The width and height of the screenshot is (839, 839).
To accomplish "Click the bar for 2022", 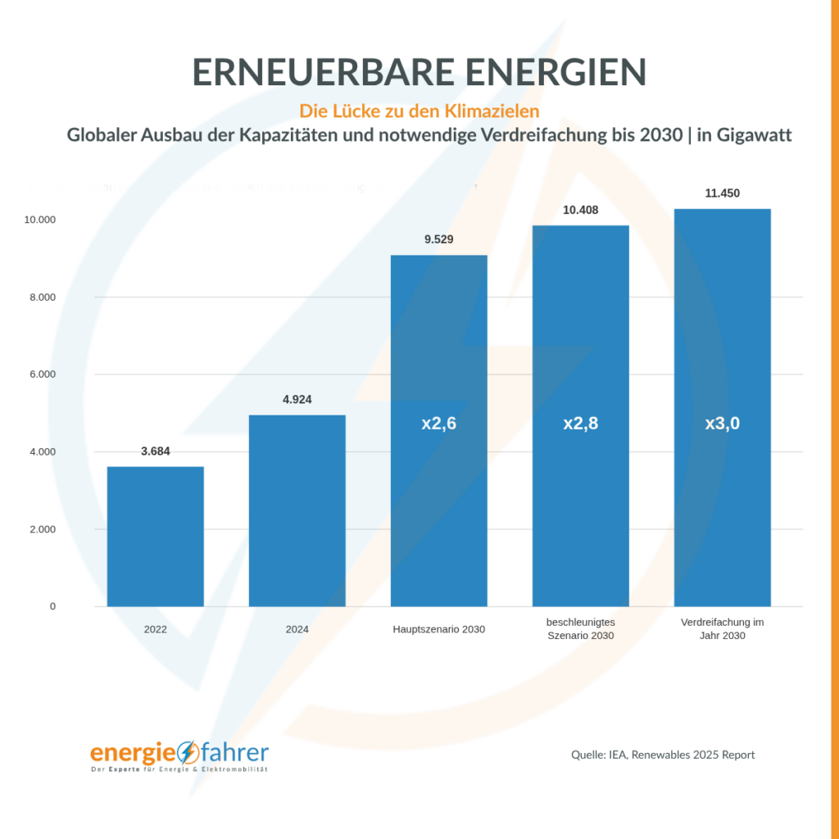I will pos(155,537).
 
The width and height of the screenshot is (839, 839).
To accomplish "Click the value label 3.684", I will pos(155,451).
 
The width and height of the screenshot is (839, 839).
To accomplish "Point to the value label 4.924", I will pos(297,400).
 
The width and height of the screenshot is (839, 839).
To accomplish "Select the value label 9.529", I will pos(438,240).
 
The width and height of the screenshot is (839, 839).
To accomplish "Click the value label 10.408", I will pos(580,211).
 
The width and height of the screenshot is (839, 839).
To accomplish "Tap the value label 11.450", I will pos(722,193).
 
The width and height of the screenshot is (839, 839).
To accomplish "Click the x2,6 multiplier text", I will pos(438,424).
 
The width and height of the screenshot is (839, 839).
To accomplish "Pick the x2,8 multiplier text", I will pos(580,424).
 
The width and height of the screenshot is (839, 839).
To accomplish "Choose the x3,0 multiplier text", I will pos(722,424).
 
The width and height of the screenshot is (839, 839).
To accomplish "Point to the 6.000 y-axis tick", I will pos(39,374).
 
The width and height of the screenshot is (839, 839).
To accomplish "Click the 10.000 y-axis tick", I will pos(37,220).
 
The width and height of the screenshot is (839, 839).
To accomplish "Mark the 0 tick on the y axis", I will pos(52,606).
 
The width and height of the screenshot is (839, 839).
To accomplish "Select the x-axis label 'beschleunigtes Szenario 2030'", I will pos(580,629).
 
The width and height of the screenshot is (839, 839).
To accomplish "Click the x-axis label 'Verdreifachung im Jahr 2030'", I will pos(722,629).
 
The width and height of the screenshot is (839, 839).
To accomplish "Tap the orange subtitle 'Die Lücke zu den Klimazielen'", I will pos(419,110).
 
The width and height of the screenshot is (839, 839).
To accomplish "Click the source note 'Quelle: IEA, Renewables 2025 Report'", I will pos(663,755).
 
